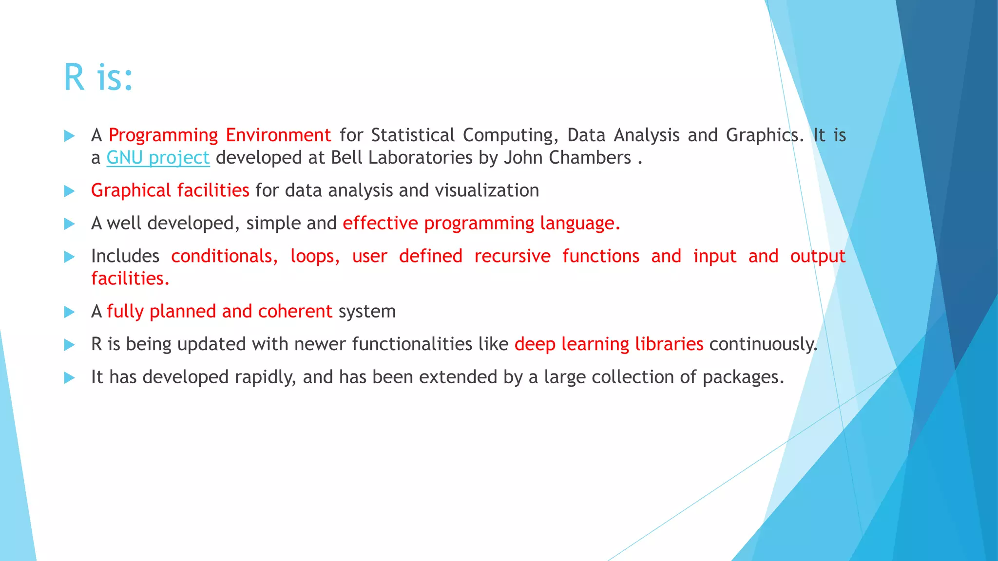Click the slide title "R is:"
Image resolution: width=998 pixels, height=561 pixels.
(x=98, y=77)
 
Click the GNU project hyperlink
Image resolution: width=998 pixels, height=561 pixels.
(x=158, y=158)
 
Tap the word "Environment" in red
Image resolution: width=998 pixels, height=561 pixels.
(x=278, y=135)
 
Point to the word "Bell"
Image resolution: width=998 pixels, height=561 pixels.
(x=342, y=158)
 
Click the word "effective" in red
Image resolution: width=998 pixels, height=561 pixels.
(x=380, y=223)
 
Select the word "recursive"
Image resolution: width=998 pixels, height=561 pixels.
(x=512, y=256)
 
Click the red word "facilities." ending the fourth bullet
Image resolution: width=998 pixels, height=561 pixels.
(x=130, y=279)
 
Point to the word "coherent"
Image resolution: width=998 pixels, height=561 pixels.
(x=295, y=311)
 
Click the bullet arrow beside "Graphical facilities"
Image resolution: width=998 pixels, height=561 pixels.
(x=70, y=191)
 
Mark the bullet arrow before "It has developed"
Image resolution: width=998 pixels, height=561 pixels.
(x=70, y=377)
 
